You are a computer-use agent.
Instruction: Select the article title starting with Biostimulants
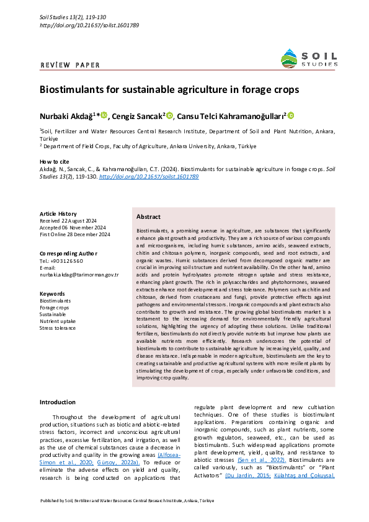point(169,90)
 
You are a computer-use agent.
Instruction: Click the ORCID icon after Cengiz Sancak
point(169,115)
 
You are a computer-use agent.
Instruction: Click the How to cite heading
point(55,161)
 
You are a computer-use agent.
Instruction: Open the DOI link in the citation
point(149,176)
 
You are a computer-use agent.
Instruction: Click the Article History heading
point(58,213)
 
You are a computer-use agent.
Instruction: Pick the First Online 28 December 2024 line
point(75,234)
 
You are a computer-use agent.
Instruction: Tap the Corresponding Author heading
point(68,253)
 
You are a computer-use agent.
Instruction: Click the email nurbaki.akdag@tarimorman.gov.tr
point(79,273)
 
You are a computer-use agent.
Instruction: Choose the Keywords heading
point(52,293)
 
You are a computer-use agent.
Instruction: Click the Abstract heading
point(148,217)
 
